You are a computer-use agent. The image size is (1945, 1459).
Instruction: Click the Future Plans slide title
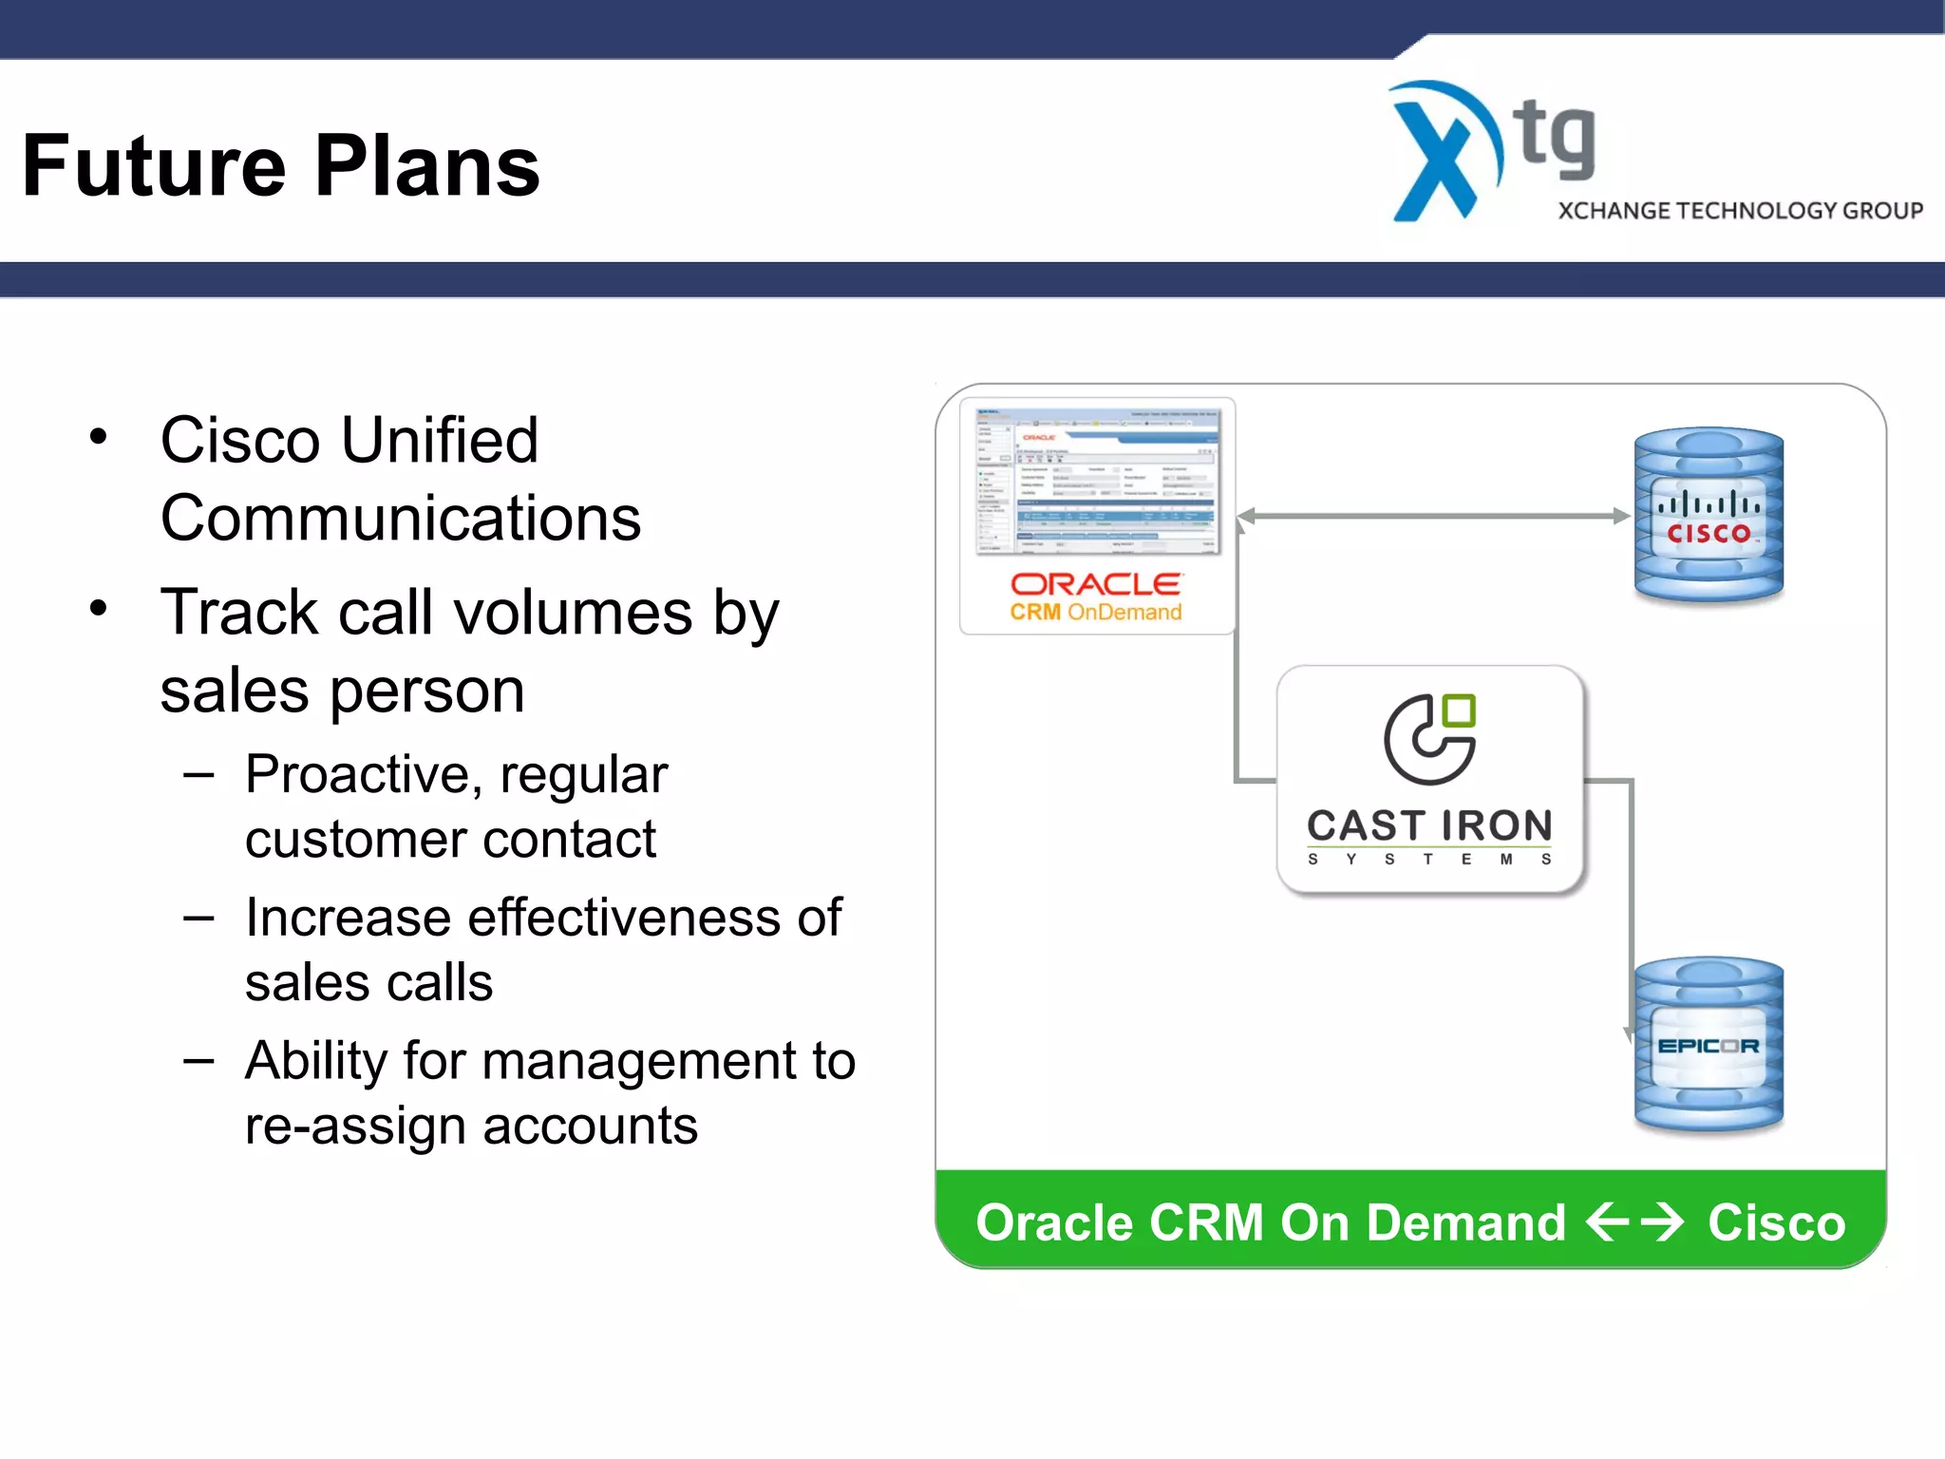281,166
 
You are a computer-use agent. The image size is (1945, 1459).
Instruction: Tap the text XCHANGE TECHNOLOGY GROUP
1740,211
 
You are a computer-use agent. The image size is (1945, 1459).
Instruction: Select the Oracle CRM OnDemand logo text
1095,597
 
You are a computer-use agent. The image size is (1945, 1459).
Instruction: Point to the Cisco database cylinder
1709,516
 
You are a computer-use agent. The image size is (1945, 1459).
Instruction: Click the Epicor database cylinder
1709,1045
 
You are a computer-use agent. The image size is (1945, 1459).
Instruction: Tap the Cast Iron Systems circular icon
1429,740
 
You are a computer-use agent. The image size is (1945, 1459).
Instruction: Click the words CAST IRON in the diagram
1429,825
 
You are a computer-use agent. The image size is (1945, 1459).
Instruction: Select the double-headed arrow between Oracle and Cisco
1434,516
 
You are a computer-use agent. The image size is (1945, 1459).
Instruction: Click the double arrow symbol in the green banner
1634,1222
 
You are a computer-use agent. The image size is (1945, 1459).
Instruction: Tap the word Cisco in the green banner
1776,1222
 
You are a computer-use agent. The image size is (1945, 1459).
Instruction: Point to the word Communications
401,519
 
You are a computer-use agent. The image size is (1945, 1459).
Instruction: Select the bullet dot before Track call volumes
99,608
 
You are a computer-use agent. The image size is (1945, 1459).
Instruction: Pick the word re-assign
355,1127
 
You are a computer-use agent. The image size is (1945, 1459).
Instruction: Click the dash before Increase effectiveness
198,919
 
